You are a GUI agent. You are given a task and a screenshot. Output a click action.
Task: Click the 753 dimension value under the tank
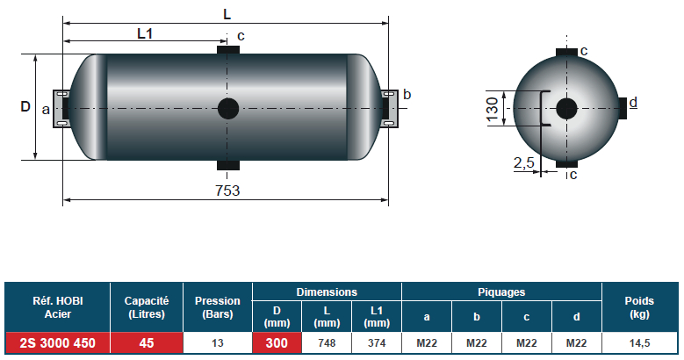pyautogui.click(x=227, y=190)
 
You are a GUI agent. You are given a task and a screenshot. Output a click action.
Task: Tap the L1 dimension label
pyautogui.click(x=146, y=34)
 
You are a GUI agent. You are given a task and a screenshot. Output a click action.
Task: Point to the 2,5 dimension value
pyautogui.click(x=524, y=161)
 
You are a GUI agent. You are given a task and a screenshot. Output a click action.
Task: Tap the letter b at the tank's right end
pyautogui.click(x=407, y=95)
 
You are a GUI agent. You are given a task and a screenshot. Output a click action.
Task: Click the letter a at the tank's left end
pyautogui.click(x=46, y=109)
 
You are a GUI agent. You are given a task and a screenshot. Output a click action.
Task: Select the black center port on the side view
pyautogui.click(x=227, y=108)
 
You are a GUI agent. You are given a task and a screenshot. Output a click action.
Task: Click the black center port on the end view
pyautogui.click(x=566, y=108)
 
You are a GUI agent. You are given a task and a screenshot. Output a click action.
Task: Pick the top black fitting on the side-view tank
pyautogui.click(x=227, y=51)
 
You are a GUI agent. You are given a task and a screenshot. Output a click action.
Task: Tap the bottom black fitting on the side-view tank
pyautogui.click(x=227, y=165)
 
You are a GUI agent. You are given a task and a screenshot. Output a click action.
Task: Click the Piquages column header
pyautogui.click(x=500, y=292)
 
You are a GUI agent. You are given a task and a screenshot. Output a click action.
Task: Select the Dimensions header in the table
pyautogui.click(x=327, y=292)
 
